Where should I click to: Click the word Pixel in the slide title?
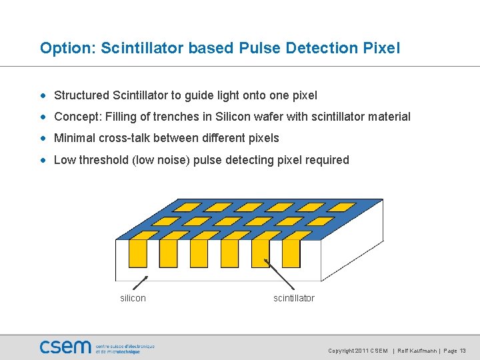pyautogui.click(x=381, y=48)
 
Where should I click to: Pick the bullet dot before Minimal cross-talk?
pyautogui.click(x=44, y=139)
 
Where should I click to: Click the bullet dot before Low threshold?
pyautogui.click(x=44, y=160)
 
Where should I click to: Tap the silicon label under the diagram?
pyautogui.click(x=133, y=298)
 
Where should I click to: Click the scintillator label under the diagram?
pyautogui.click(x=293, y=298)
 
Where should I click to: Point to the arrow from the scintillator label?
pyautogui.click(x=276, y=273)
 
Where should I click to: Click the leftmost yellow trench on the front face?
pyautogui.click(x=138, y=253)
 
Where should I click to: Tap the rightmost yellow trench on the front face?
pyautogui.click(x=291, y=253)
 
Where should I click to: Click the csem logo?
pyautogui.click(x=65, y=347)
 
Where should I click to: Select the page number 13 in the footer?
pyautogui.click(x=463, y=351)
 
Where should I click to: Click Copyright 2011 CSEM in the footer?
pyautogui.click(x=357, y=351)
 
